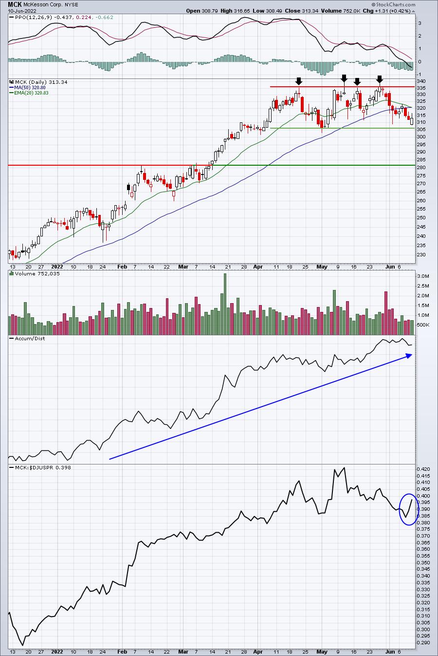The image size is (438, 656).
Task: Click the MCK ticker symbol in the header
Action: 14,5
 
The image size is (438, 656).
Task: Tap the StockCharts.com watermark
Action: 393,4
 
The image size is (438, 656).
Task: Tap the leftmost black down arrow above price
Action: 298,81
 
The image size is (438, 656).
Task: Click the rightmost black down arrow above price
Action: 380,79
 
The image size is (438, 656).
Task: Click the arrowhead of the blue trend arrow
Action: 409,355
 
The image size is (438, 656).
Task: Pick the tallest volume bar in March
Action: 225,304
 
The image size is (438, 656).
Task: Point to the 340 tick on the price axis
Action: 421,81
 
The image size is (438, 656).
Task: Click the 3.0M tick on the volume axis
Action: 423,276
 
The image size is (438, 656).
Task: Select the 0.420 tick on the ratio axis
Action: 423,469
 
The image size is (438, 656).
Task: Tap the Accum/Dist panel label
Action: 30,338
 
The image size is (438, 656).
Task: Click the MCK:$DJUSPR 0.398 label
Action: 43,467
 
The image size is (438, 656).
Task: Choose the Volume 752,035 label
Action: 37,273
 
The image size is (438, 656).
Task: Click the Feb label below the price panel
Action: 122,267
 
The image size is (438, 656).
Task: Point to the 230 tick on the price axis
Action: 421,254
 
